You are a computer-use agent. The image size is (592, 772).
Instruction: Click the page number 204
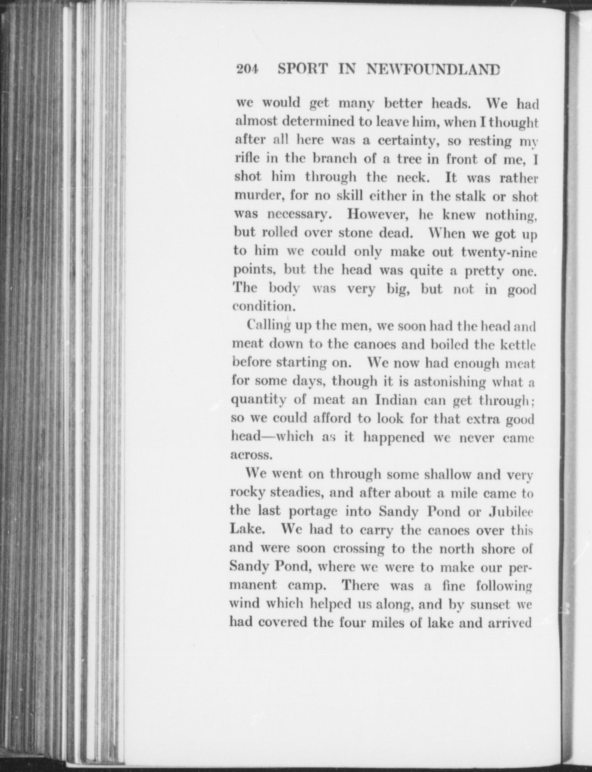point(247,69)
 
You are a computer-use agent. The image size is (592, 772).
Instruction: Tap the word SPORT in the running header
point(303,69)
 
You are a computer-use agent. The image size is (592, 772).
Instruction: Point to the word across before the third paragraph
point(250,455)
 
